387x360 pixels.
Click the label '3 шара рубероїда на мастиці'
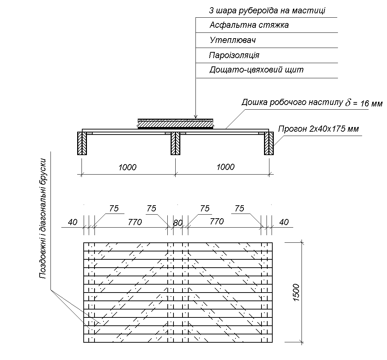[x=267, y=11]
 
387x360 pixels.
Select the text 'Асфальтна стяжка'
[x=249, y=26]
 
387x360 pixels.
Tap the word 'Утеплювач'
[x=232, y=40]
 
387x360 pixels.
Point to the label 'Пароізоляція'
[x=234, y=56]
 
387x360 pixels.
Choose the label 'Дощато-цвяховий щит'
[x=256, y=70]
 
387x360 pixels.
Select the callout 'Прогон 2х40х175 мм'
[x=318, y=129]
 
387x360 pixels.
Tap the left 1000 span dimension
[x=128, y=167]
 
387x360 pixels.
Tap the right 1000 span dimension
[x=225, y=167]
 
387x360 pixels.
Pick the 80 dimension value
[x=177, y=223]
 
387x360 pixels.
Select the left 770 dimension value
[x=135, y=222]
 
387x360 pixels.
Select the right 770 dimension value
[x=216, y=221]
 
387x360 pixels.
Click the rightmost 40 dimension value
[x=284, y=222]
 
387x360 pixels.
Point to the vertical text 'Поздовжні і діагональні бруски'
[x=43, y=218]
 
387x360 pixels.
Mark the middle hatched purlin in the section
[x=175, y=143]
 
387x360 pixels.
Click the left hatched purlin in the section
[x=82, y=143]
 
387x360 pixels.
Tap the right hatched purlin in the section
[x=269, y=143]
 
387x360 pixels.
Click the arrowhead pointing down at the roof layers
[x=195, y=116]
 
